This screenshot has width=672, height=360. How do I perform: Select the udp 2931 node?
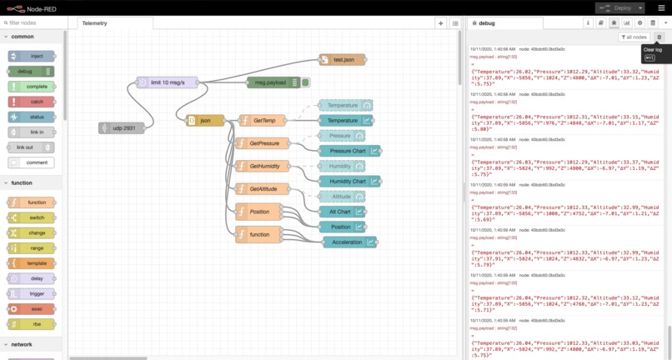click(x=122, y=127)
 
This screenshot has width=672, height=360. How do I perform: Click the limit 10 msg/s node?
click(x=168, y=82)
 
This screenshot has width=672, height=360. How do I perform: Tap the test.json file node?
click(x=343, y=60)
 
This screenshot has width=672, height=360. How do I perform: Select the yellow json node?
click(x=205, y=121)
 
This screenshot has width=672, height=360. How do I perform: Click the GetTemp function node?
click(x=263, y=121)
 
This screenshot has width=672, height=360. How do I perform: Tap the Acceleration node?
click(x=349, y=242)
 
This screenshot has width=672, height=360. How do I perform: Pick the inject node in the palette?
click(x=32, y=56)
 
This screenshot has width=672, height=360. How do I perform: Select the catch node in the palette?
click(x=32, y=102)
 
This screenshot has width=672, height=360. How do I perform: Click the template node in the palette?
click(x=32, y=262)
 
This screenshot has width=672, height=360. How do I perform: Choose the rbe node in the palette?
click(x=32, y=323)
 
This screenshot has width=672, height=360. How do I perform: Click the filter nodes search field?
click(x=33, y=22)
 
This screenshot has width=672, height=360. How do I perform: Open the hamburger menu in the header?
click(x=661, y=7)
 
